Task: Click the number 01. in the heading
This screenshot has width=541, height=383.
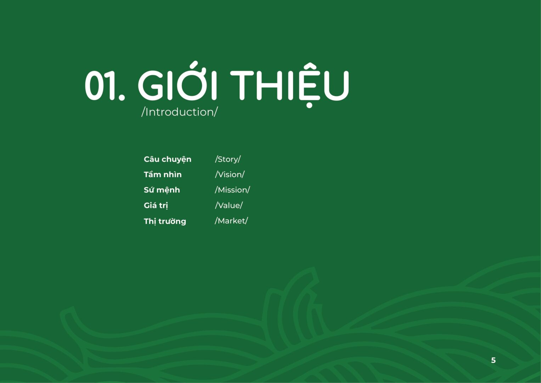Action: (105, 85)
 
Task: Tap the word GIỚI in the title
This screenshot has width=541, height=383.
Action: (177, 81)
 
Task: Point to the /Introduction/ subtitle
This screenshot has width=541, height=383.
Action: (180, 112)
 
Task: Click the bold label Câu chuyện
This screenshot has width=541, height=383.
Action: (167, 159)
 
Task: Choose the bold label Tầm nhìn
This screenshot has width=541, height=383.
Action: (163, 174)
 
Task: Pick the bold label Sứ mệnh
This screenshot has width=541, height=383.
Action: (162, 190)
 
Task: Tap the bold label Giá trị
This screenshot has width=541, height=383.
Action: (156, 206)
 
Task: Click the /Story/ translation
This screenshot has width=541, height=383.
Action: (228, 159)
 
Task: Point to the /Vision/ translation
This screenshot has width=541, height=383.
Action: (230, 174)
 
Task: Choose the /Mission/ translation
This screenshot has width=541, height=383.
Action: (232, 190)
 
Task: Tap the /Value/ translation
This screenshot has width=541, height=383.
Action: (229, 205)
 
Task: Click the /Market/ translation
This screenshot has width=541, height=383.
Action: (231, 221)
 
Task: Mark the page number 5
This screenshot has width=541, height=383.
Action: (494, 360)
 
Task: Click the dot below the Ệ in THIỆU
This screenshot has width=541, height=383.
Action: (309, 105)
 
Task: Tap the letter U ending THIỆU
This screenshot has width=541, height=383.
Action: (337, 85)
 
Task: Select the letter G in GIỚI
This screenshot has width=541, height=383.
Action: (151, 85)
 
